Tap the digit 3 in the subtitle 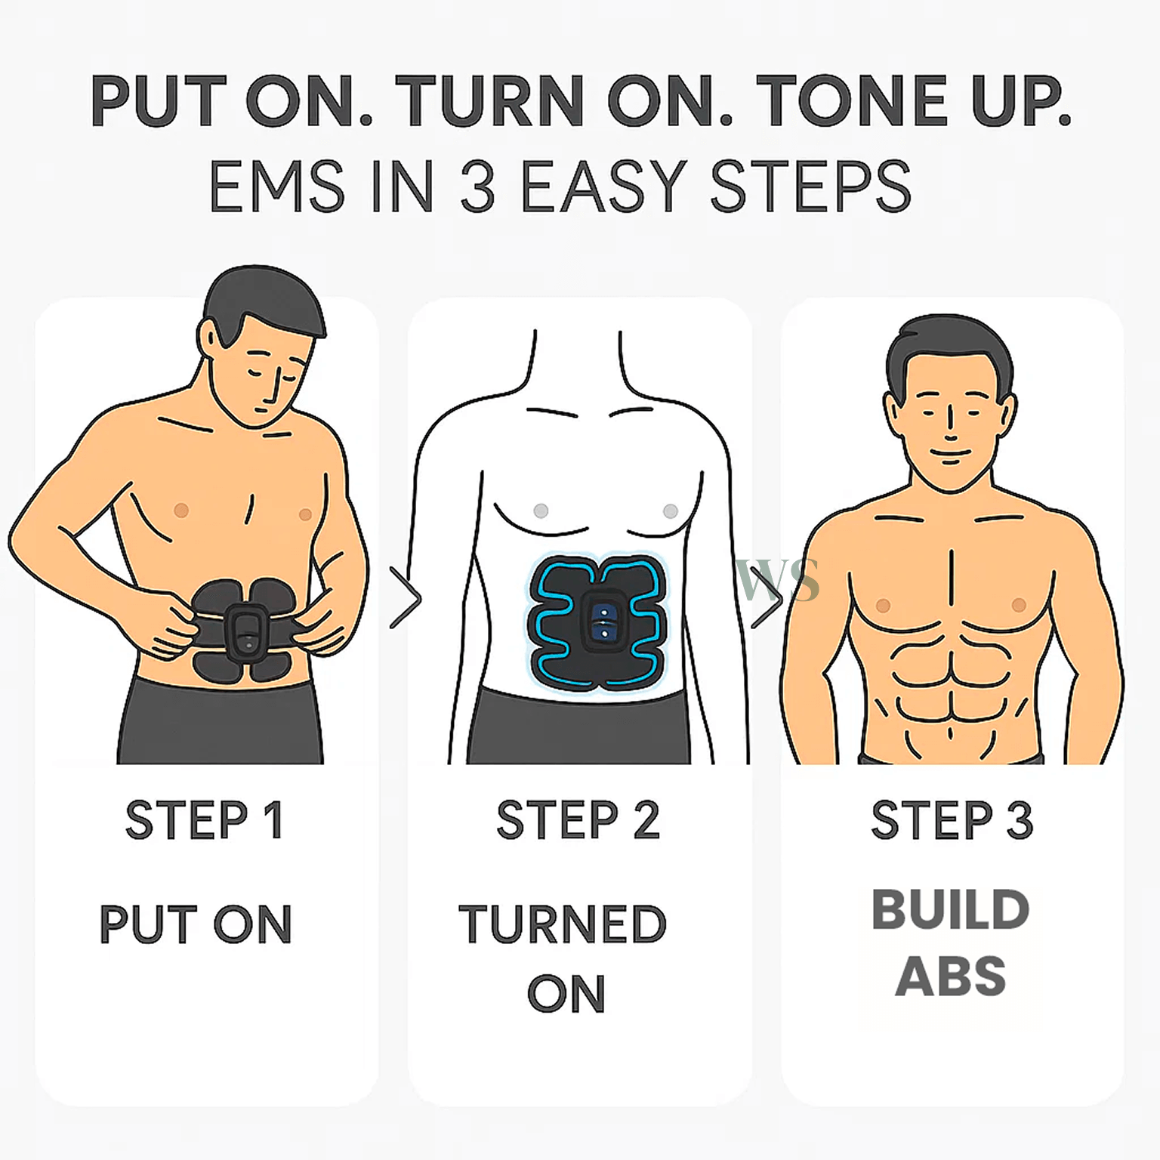point(477,186)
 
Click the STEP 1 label point(204,819)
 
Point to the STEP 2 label point(578,819)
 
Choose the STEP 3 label point(952,819)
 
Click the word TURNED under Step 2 point(563,924)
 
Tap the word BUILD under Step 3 point(951,909)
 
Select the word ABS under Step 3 point(951,976)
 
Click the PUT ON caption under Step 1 point(196,924)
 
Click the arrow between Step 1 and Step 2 point(406,598)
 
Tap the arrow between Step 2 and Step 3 point(767,598)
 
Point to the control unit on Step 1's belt point(245,631)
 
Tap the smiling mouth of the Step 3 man point(950,455)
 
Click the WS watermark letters point(778,581)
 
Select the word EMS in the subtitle point(276,186)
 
